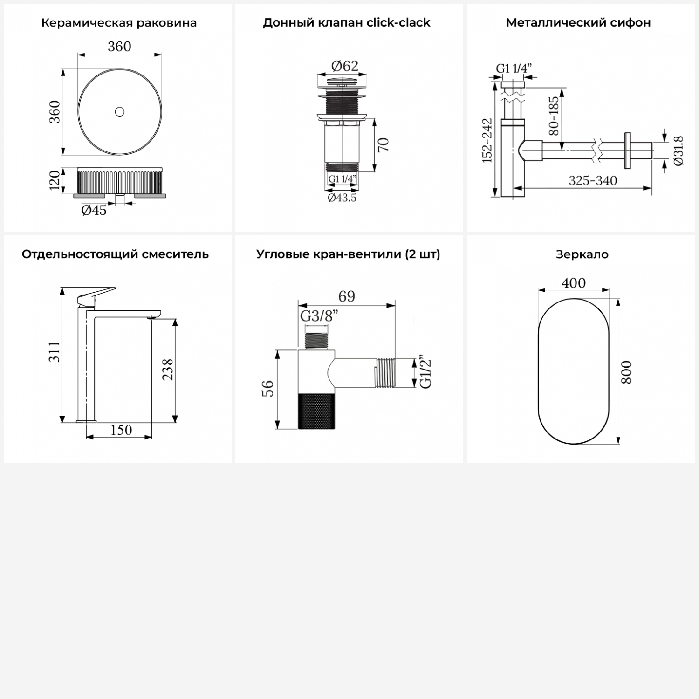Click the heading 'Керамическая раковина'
[119, 23]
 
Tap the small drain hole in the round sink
[120, 112]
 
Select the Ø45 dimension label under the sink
[94, 211]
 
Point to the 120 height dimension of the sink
[55, 180]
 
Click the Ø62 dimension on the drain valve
[345, 66]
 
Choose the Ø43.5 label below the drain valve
[342, 198]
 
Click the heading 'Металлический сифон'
[578, 22]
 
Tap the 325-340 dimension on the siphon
[593, 180]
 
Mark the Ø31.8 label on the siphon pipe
[678, 151]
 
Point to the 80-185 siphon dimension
[554, 116]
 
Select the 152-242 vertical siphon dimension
[487, 140]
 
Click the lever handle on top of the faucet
[96, 295]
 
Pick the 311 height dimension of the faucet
[55, 352]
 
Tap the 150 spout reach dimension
[121, 430]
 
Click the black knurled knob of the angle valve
[316, 411]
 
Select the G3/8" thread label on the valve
[319, 316]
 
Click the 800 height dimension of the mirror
[627, 372]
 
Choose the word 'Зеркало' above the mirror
[582, 254]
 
